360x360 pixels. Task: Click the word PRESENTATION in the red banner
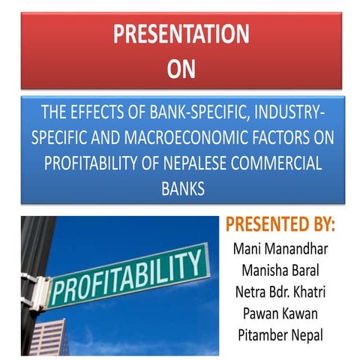179,34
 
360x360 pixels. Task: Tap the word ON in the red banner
179,69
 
